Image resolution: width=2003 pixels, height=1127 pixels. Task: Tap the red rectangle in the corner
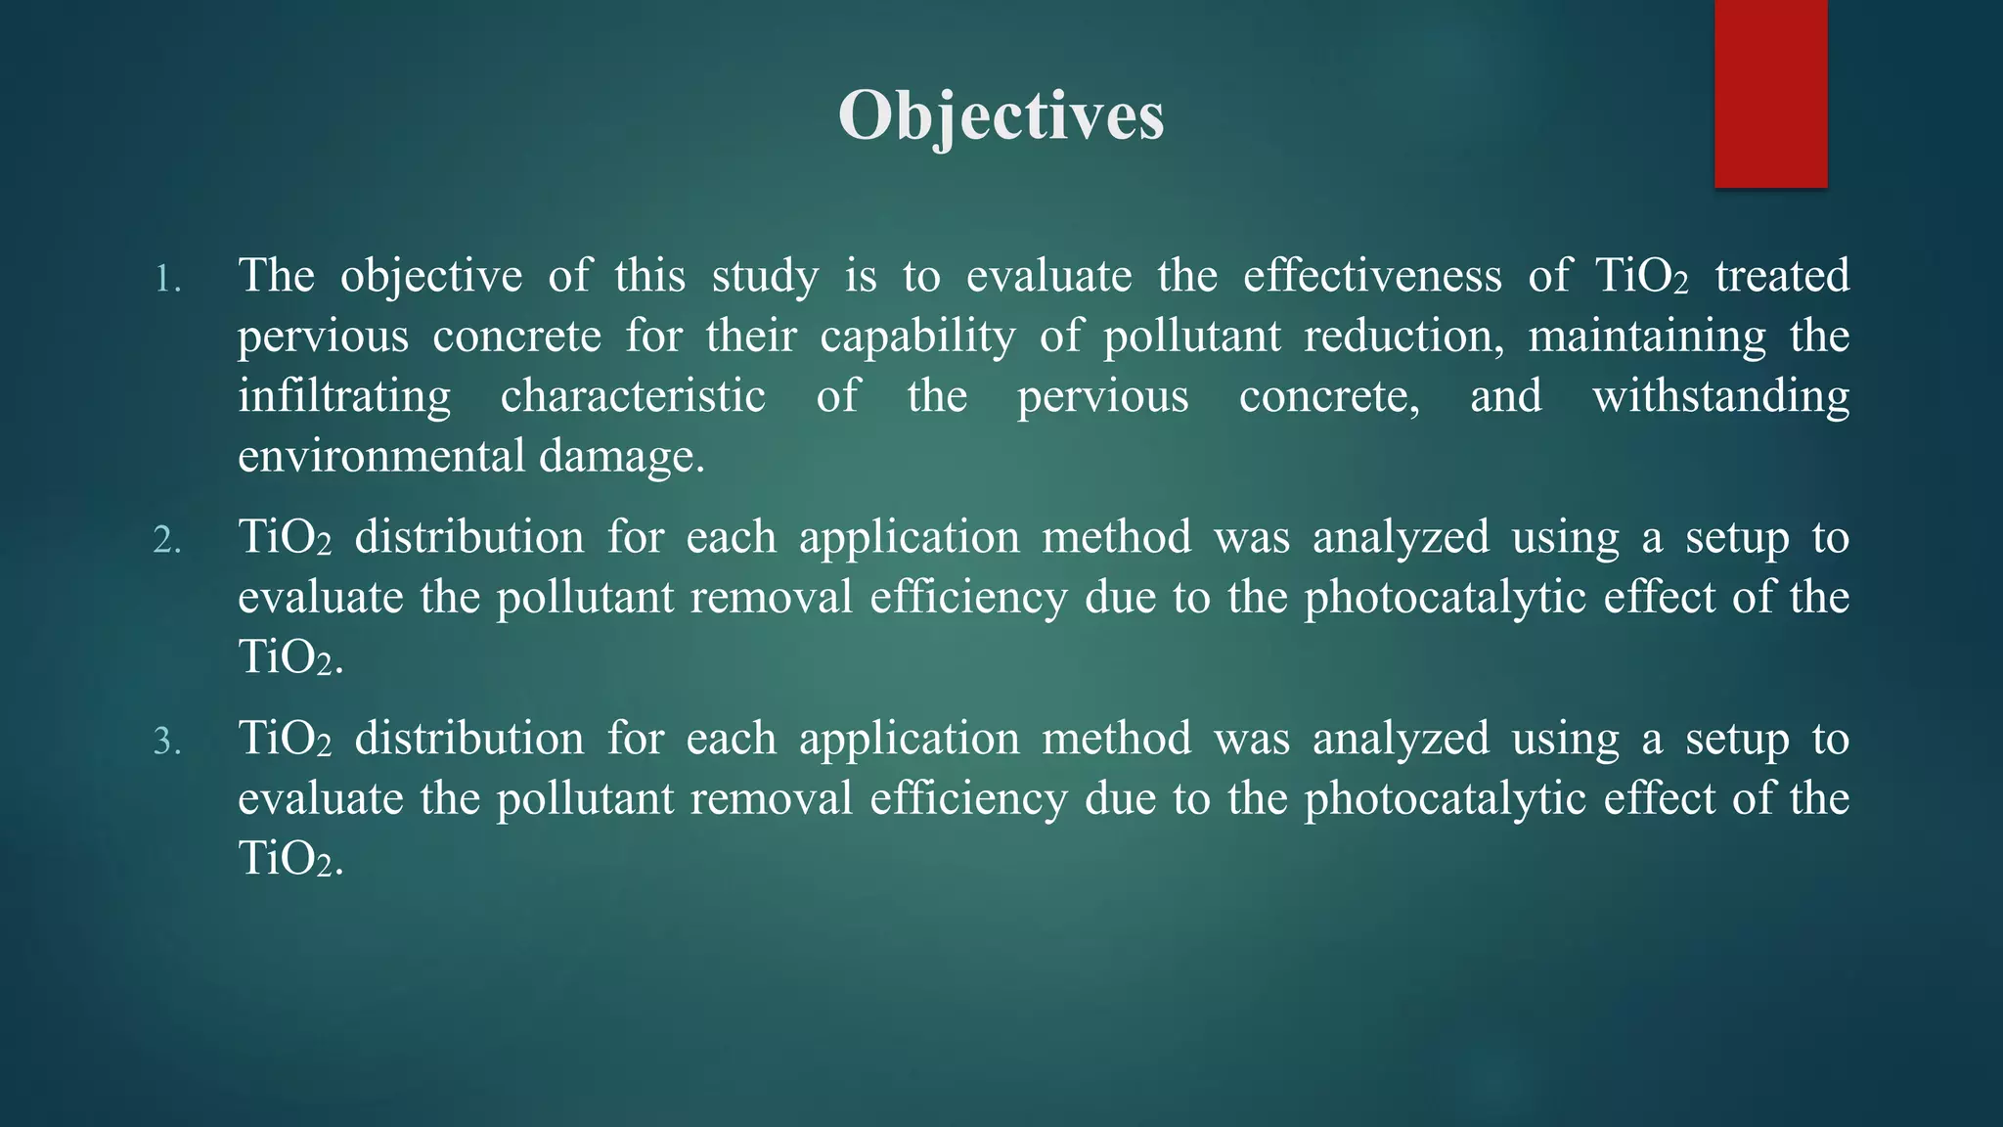point(1770,93)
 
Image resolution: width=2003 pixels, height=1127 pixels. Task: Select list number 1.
point(168,281)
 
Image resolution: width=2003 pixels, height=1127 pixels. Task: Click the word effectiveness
point(1372,276)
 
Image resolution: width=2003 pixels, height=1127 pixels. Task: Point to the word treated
point(1782,276)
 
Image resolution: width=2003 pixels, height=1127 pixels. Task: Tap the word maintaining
point(1647,338)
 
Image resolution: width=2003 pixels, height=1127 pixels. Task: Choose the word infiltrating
point(344,397)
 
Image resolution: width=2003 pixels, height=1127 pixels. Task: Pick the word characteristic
point(633,397)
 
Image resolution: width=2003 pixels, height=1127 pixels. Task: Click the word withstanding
point(1720,397)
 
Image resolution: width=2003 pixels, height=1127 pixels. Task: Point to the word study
point(765,276)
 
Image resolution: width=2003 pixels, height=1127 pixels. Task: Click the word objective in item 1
point(431,276)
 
